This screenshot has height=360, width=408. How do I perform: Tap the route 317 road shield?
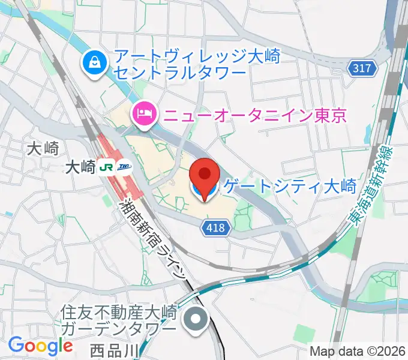point(362,68)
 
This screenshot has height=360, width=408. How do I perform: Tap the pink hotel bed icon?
point(145,112)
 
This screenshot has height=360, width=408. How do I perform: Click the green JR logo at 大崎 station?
point(108,167)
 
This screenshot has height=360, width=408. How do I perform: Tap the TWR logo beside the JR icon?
point(124,167)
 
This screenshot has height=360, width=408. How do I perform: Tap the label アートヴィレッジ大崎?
point(197,56)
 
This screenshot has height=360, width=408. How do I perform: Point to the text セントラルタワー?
point(180,72)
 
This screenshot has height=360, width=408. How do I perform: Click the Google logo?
point(40,345)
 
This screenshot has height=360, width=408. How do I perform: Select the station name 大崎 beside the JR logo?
point(80,168)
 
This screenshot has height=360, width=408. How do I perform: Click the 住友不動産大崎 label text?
point(121,312)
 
